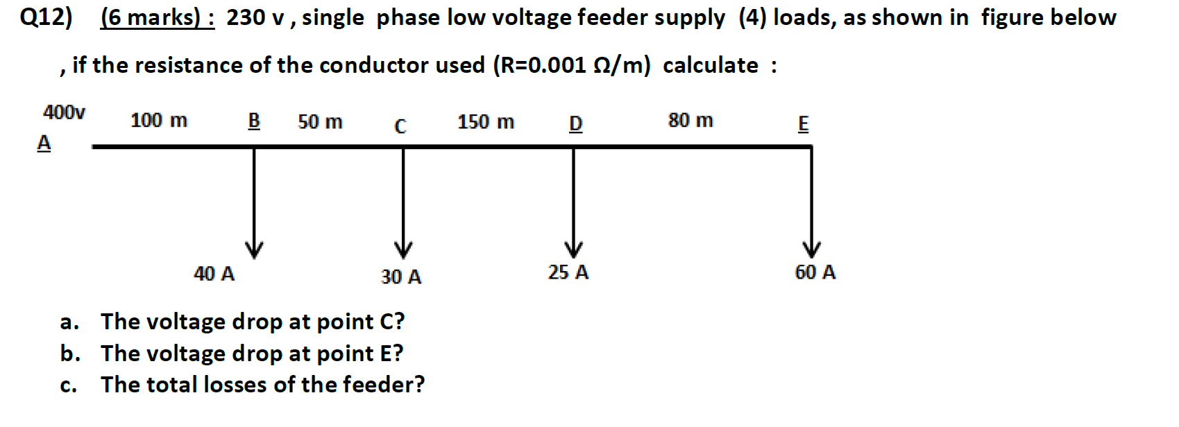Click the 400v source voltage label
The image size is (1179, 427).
tap(64, 112)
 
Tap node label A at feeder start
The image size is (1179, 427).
tap(44, 143)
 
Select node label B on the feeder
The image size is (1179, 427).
tap(254, 121)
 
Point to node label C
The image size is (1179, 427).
tap(400, 126)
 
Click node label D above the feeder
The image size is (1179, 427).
tap(575, 124)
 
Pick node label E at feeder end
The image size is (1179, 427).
tap(803, 124)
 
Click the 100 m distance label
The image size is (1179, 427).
tap(159, 121)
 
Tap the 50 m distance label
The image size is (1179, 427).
tap(320, 122)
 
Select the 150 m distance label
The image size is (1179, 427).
tap(486, 122)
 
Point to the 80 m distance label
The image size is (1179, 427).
tap(690, 121)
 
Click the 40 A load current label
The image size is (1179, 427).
tap(214, 274)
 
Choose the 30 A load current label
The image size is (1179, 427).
tap(401, 277)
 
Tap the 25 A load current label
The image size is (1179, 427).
tap(568, 272)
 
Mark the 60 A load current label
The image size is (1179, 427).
tap(815, 272)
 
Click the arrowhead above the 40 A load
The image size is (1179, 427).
tap(254, 249)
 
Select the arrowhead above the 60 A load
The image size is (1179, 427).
tap(811, 249)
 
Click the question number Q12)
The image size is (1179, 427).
tap(46, 17)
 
